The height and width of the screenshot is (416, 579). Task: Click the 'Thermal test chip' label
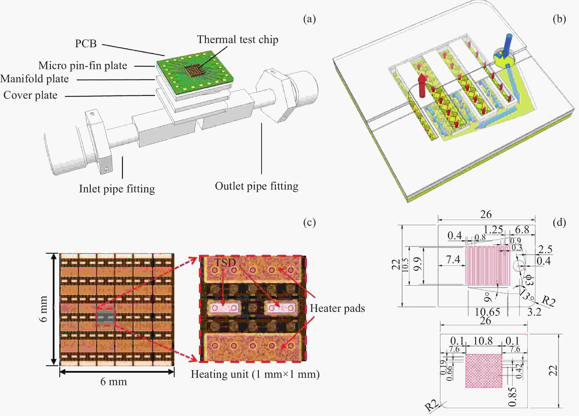237,39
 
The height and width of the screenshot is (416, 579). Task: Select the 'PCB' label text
86,44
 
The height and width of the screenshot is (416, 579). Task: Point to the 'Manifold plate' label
34,79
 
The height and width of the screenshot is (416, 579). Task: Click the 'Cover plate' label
30,95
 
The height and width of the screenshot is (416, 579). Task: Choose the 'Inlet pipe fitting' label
117,189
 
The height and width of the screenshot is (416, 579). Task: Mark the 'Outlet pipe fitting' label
257,186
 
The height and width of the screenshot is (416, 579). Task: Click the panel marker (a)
309,19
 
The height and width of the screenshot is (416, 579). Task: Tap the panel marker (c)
309,222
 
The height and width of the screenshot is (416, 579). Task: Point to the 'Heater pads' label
337,308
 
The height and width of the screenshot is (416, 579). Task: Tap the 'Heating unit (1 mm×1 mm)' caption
255,374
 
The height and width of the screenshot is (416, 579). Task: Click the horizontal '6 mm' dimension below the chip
114,382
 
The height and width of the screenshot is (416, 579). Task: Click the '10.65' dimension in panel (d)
487,312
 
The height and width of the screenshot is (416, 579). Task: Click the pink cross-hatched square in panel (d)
484,371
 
